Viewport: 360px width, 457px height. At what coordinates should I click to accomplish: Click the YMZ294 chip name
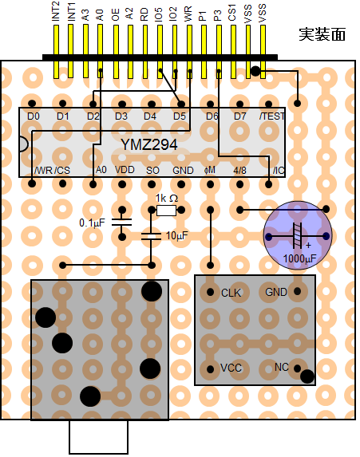(x=149, y=144)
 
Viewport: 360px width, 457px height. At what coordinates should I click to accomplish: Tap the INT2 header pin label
(x=55, y=11)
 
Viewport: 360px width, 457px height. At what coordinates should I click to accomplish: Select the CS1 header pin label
(x=232, y=13)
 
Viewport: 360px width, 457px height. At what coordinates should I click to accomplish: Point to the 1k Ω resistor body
(x=166, y=210)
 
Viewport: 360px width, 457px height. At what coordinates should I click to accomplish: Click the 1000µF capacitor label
(x=299, y=258)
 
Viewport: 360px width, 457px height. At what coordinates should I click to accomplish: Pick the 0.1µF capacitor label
(x=92, y=223)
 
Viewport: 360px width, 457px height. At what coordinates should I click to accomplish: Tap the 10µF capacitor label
(x=177, y=235)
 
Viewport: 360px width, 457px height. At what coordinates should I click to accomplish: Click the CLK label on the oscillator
(x=231, y=293)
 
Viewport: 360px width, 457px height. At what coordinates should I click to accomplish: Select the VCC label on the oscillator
(x=231, y=368)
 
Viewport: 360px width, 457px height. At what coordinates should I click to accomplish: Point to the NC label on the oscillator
(x=282, y=367)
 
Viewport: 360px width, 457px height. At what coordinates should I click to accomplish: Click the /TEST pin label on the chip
(x=272, y=116)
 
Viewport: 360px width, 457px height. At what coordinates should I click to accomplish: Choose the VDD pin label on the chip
(x=125, y=170)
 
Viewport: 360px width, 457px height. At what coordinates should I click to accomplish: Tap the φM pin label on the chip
(x=210, y=170)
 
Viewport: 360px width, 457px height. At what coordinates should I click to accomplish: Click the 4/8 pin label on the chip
(x=239, y=170)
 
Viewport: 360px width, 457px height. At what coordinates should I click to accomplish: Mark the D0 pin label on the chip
(x=34, y=116)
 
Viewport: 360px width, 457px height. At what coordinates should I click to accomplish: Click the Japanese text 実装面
(x=322, y=34)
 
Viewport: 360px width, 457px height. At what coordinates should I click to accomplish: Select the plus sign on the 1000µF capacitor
(x=308, y=246)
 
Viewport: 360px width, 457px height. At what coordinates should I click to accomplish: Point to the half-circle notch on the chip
(x=23, y=144)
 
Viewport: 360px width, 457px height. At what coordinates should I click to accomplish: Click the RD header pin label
(x=144, y=14)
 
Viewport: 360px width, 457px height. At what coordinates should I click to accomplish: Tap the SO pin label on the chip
(x=152, y=170)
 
